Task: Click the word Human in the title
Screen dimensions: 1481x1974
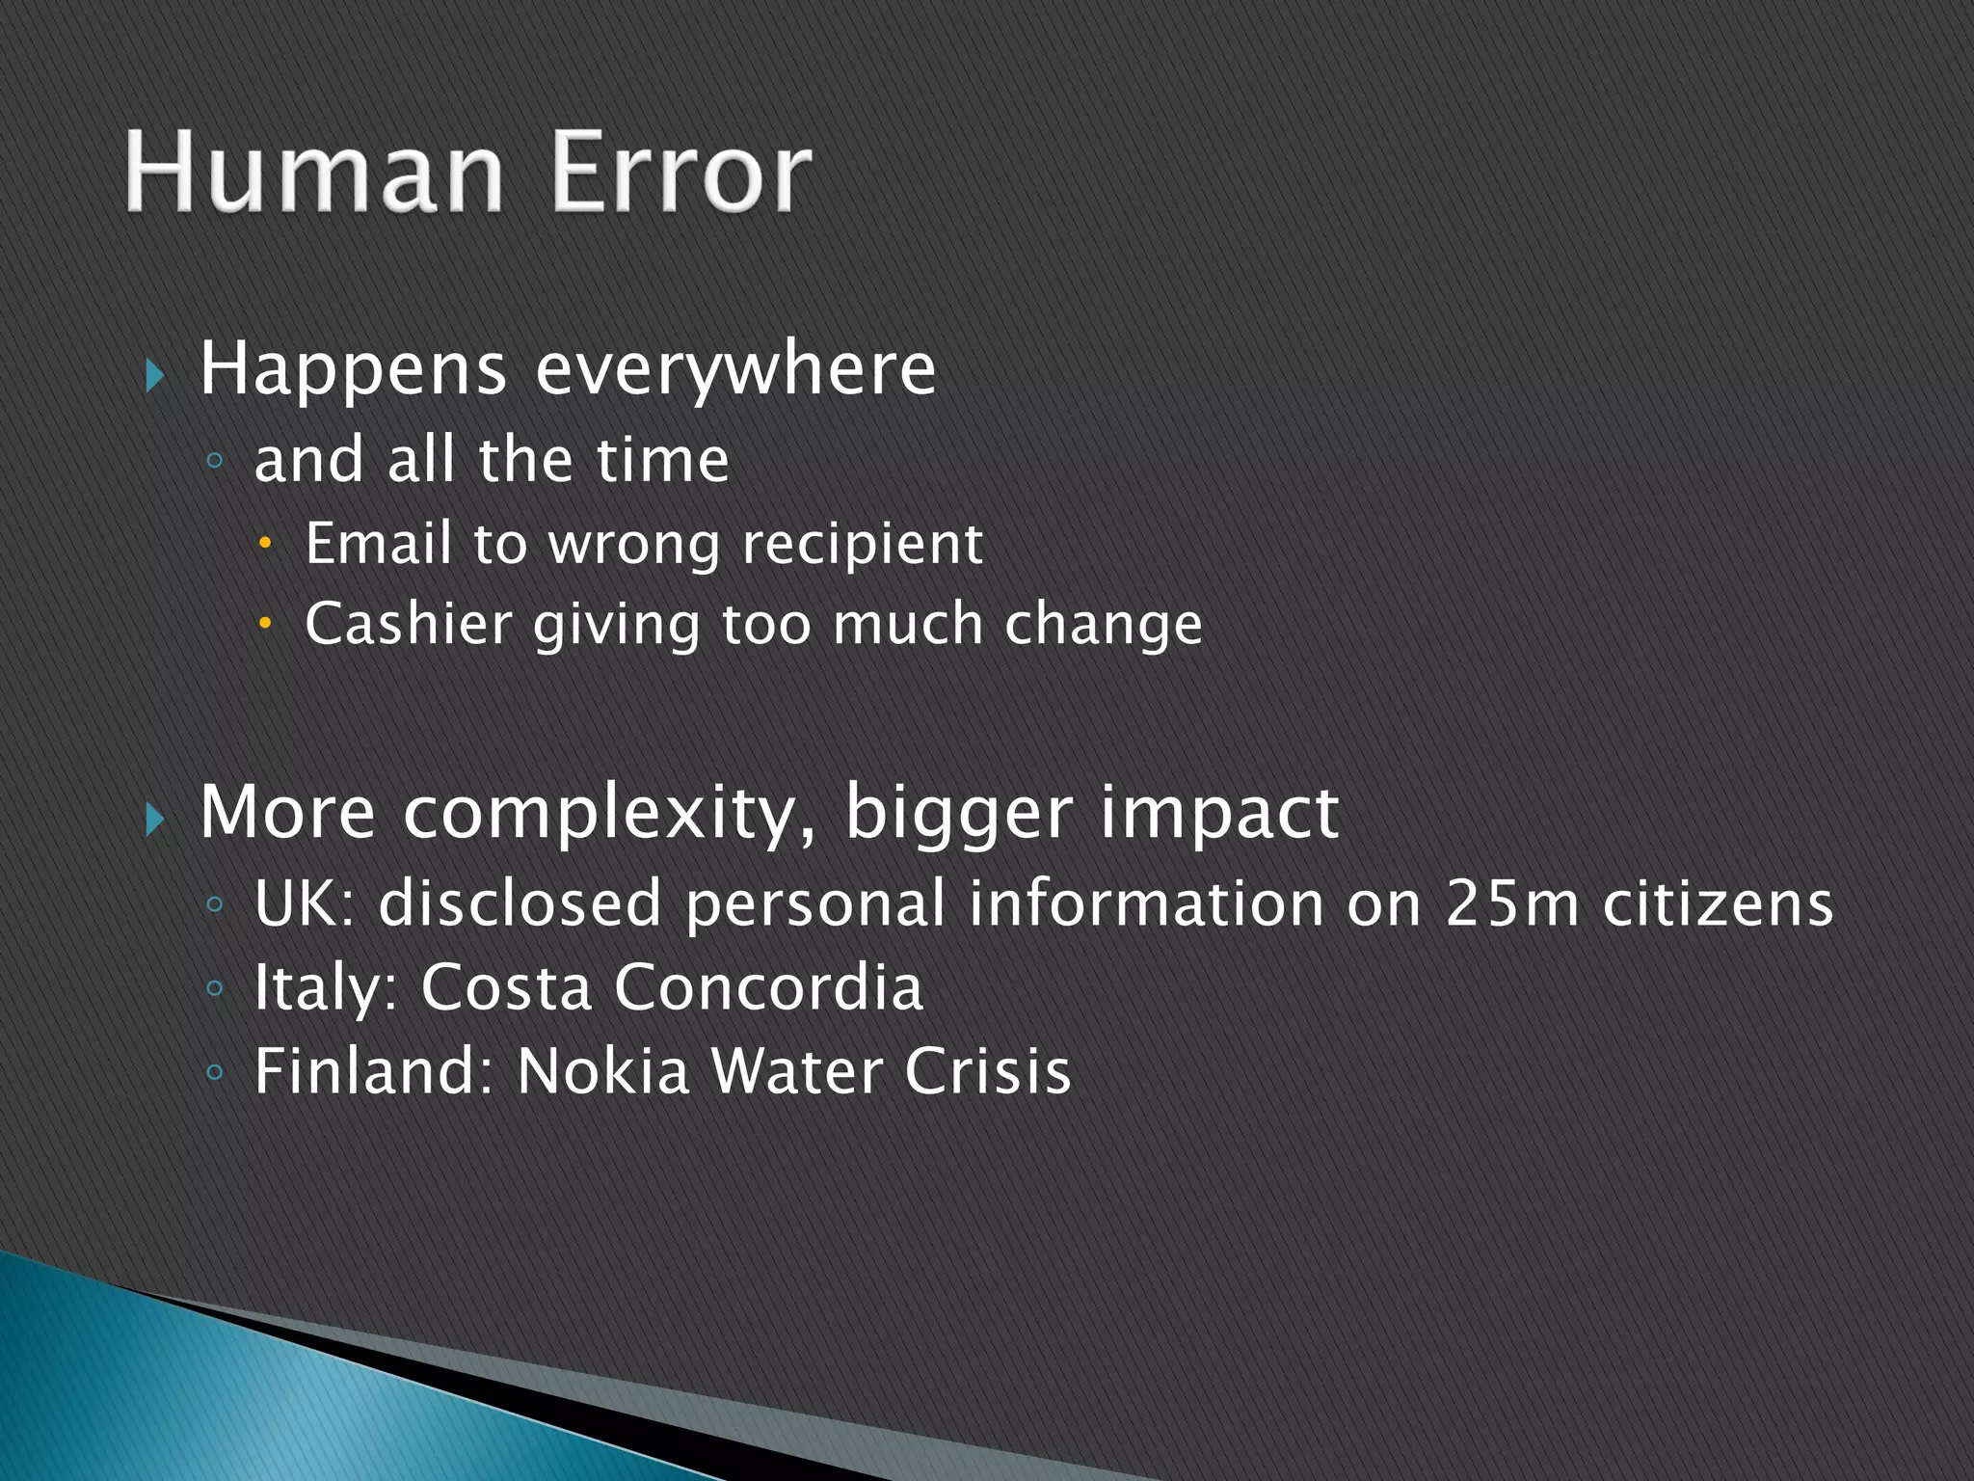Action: pyautogui.click(x=314, y=174)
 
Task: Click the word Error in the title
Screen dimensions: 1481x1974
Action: pyautogui.click(x=680, y=174)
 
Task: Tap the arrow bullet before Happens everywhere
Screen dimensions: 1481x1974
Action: pyautogui.click(x=155, y=375)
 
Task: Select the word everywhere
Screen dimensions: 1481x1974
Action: pyautogui.click(x=734, y=370)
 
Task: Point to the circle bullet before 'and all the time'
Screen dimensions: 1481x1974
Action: pyautogui.click(x=215, y=462)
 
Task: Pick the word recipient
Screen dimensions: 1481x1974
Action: pyautogui.click(x=862, y=546)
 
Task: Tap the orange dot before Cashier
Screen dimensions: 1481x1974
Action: pyautogui.click(x=266, y=626)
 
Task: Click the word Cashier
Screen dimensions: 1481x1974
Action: pyautogui.click(x=408, y=624)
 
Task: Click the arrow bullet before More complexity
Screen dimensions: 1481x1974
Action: pyautogui.click(x=155, y=820)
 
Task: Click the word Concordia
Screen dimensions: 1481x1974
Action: pyautogui.click(x=768, y=987)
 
